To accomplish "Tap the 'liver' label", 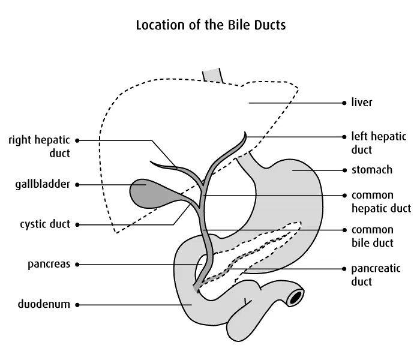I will (362, 103).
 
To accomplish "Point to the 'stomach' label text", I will (371, 170).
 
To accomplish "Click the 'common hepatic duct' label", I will (380, 202).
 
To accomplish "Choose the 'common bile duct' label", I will (372, 236).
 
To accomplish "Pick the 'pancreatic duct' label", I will (375, 274).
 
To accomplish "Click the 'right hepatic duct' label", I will (39, 146).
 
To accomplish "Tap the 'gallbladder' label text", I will (42, 184).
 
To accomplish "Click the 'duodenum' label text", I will (44, 304).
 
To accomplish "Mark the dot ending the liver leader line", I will (344, 103).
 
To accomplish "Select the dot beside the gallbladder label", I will (77, 185).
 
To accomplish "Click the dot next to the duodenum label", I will (77, 305).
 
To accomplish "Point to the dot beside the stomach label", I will (344, 170).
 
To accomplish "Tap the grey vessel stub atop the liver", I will (214, 74).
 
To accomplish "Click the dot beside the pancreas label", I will (77, 264).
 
